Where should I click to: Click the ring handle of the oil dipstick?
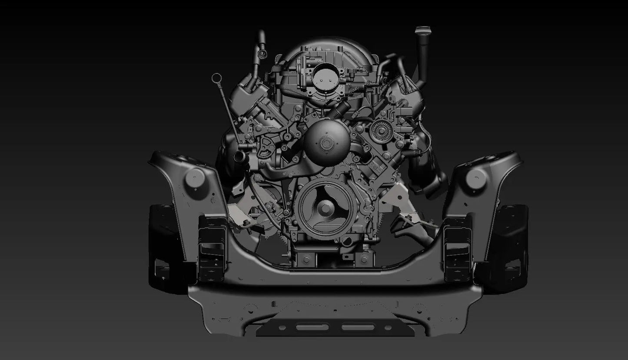tap(216, 79)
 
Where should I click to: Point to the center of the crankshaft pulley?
tap(324, 208)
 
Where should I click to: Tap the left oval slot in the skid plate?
tap(310, 327)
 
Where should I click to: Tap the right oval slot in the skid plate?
tap(358, 327)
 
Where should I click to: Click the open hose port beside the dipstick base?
tap(238, 156)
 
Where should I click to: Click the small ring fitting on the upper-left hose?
tap(262, 53)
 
